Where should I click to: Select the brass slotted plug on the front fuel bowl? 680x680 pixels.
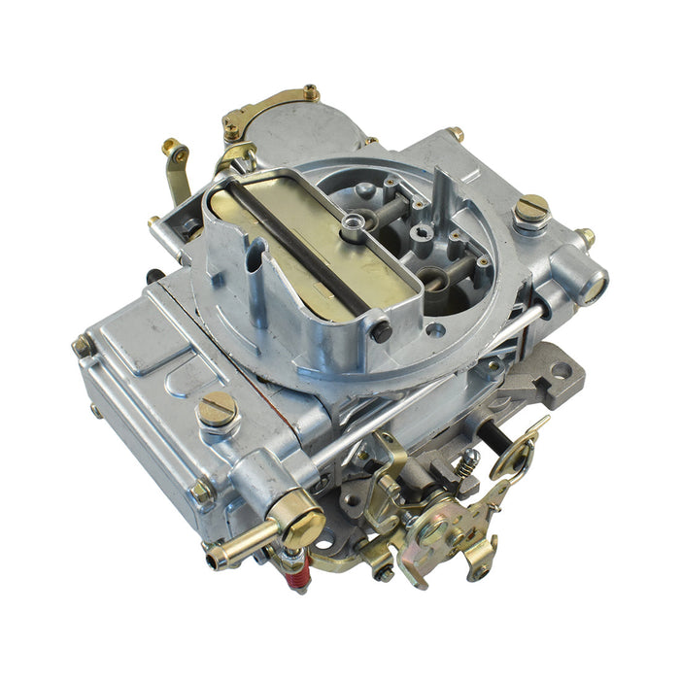click(x=218, y=410)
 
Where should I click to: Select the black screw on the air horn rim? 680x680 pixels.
click(x=381, y=331)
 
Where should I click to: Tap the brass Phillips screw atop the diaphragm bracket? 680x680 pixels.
click(x=311, y=93)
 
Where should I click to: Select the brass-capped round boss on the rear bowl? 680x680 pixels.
click(x=591, y=287)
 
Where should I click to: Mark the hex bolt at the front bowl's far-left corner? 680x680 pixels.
click(x=84, y=346)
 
